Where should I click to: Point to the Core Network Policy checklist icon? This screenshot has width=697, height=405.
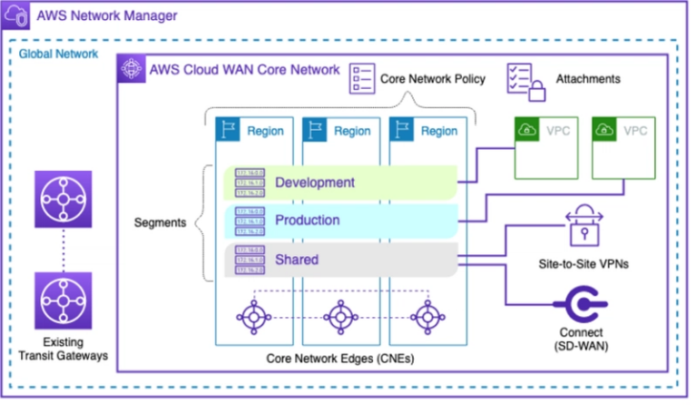point(364,79)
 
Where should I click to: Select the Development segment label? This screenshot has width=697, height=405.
point(314,183)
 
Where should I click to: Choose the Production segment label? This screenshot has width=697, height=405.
point(308,221)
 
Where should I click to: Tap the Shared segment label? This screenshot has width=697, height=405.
point(297,260)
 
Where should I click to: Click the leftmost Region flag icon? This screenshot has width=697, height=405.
point(227,130)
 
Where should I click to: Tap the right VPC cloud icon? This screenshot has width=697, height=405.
point(604,131)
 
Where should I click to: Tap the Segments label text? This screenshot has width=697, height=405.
point(159,222)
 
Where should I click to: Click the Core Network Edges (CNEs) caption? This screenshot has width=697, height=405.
point(339,359)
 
